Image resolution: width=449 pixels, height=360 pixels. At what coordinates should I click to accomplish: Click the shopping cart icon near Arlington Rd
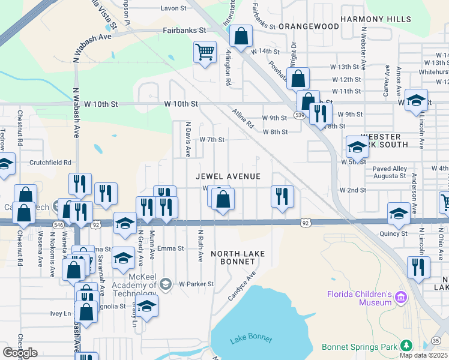[x=205, y=52]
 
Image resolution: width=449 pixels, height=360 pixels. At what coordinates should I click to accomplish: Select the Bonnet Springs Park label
[x=360, y=347]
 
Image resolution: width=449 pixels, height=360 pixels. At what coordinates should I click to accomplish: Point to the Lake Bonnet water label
[x=251, y=340]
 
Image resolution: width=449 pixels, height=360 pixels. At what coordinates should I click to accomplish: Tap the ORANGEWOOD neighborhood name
[x=309, y=26]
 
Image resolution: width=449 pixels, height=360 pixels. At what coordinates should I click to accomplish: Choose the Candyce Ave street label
[x=241, y=286]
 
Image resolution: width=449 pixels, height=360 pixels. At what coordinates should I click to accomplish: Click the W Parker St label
[x=196, y=284]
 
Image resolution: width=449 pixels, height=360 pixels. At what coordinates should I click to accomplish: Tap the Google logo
[x=20, y=353]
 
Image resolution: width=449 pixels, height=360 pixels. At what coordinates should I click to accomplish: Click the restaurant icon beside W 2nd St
[x=281, y=197]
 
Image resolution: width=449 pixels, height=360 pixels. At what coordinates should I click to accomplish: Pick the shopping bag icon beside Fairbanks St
[x=241, y=37]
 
